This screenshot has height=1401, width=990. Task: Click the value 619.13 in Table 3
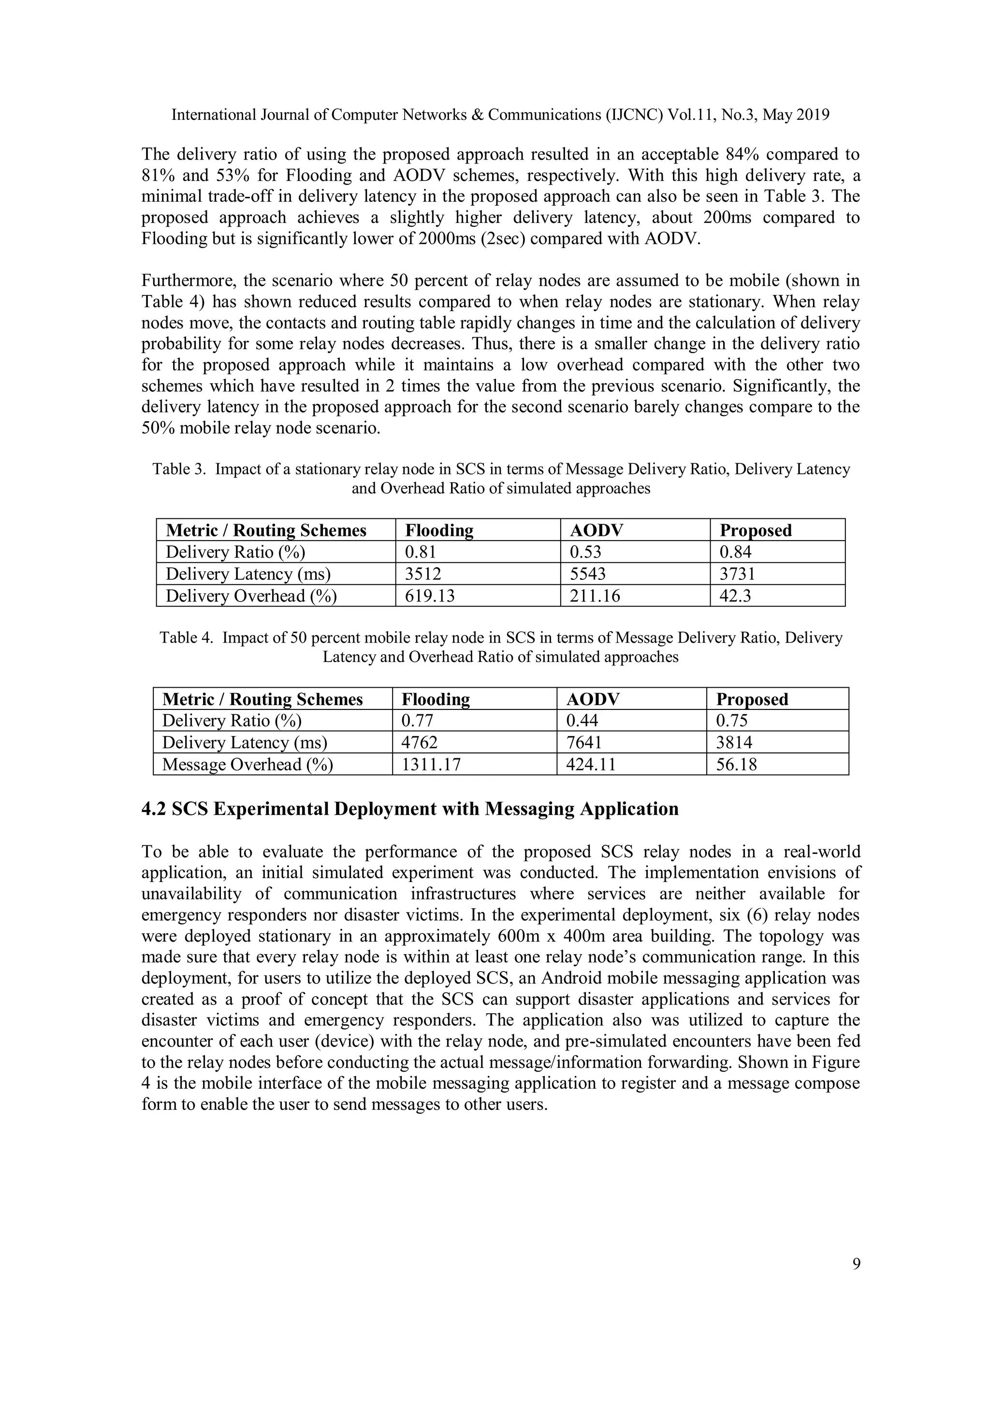tap(430, 595)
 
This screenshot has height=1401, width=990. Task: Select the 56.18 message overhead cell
tap(736, 764)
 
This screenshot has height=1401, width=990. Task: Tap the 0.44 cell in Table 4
tap(582, 721)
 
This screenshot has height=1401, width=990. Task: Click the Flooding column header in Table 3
tap(439, 530)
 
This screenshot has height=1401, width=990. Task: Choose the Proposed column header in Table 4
tap(752, 699)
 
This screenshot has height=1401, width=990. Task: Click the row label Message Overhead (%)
tap(247, 764)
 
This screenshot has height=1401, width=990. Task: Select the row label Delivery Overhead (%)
tap(251, 595)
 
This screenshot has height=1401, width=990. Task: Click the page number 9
tap(856, 1264)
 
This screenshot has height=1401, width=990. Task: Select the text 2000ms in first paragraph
tap(447, 238)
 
